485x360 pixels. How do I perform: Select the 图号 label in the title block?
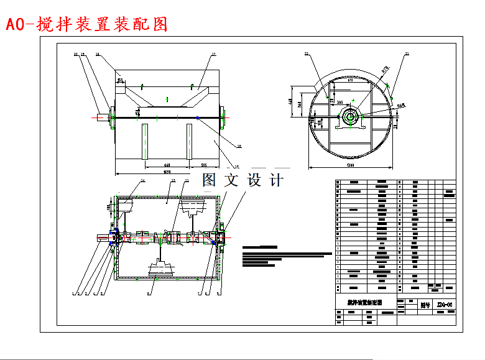(x=425, y=305)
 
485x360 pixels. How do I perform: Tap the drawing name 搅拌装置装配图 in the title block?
(x=364, y=302)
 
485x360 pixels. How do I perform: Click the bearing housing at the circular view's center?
(x=350, y=116)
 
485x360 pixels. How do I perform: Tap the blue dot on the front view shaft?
(x=198, y=117)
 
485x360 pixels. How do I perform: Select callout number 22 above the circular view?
(x=307, y=55)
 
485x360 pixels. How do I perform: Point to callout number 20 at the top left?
(x=76, y=55)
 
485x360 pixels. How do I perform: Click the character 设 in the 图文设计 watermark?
(x=254, y=180)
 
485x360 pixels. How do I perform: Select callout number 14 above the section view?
(x=142, y=181)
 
